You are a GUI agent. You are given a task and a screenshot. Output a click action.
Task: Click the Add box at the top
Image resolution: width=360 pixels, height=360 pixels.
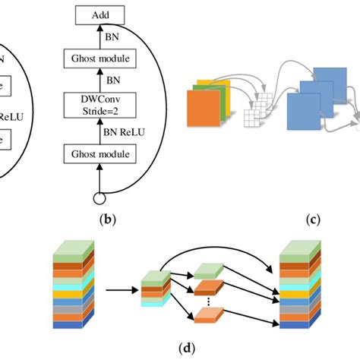pos(99,14)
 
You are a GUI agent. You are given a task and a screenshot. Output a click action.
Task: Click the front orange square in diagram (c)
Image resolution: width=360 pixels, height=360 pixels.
pos(203,116)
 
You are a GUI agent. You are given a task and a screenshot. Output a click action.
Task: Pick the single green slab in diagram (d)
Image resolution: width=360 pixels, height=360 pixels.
pos(207,271)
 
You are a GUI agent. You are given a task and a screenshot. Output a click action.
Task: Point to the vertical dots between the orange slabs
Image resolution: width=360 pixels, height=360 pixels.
pos(207,302)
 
